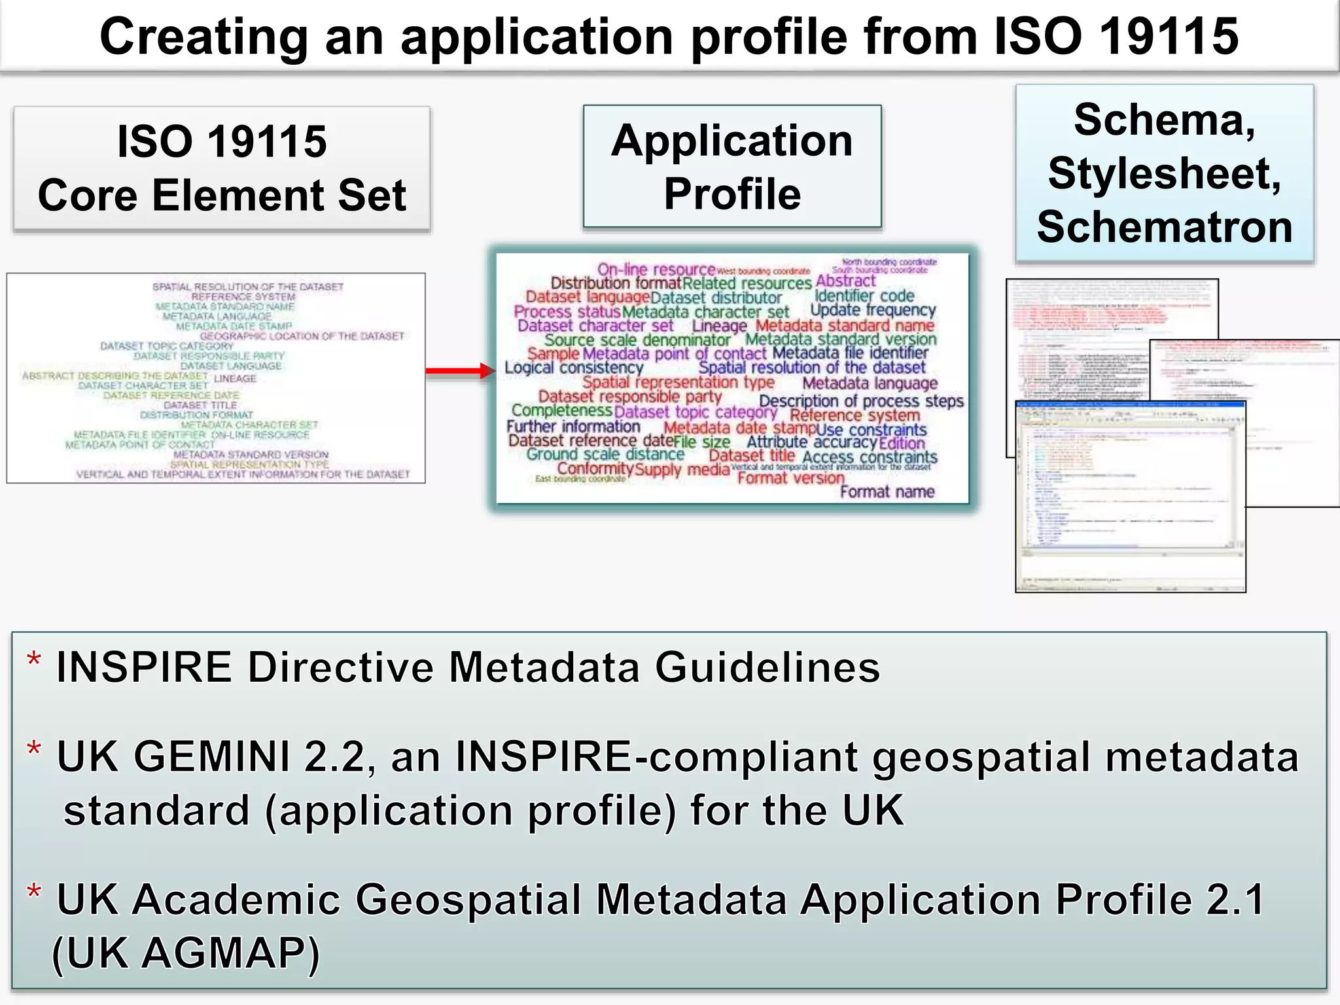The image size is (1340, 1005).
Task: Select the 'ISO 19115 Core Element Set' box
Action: (x=222, y=169)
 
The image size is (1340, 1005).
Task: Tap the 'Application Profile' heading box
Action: (x=732, y=167)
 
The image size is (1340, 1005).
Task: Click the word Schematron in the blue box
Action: (x=1165, y=227)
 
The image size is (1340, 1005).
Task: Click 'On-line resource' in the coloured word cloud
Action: (x=656, y=269)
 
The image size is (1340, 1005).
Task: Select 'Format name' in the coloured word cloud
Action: (x=887, y=491)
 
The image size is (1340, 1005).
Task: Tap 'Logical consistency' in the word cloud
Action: (x=574, y=368)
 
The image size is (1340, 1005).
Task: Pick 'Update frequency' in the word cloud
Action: (x=873, y=309)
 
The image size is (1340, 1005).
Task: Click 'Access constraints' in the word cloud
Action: (x=870, y=457)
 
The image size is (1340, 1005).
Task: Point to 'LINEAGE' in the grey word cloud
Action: (x=235, y=379)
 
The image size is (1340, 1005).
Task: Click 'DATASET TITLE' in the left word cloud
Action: (x=200, y=405)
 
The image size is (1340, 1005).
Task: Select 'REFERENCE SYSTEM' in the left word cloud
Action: (x=243, y=296)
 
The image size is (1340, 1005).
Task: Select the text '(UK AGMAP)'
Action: (x=186, y=953)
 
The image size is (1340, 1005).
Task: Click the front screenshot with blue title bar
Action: (x=1130, y=497)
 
